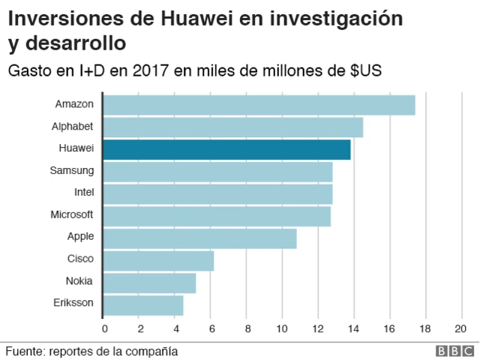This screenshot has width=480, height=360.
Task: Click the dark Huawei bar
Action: pyautogui.click(x=226, y=149)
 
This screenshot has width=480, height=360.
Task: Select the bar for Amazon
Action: pyautogui.click(x=259, y=105)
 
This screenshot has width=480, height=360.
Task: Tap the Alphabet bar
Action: pyautogui.click(x=232, y=127)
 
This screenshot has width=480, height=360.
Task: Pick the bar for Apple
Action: pyautogui.click(x=199, y=238)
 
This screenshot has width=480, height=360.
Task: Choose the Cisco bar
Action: pyautogui.click(x=158, y=261)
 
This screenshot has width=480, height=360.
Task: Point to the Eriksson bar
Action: pyautogui.click(x=142, y=305)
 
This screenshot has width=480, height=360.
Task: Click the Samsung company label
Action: pyautogui.click(x=72, y=170)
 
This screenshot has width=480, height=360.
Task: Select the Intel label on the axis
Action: pyautogui.click(x=83, y=192)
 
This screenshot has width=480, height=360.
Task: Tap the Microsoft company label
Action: pyautogui.click(x=72, y=214)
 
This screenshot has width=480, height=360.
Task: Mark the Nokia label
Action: pyautogui.click(x=79, y=281)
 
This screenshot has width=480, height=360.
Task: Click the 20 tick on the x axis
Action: pyautogui.click(x=460, y=328)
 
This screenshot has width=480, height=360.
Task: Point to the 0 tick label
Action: pyautogui.click(x=104, y=328)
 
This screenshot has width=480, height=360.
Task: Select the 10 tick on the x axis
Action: pyautogui.click(x=282, y=328)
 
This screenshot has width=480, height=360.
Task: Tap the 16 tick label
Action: pyautogui.click(x=389, y=328)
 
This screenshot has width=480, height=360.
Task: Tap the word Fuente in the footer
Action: pyautogui.click(x=23, y=351)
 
